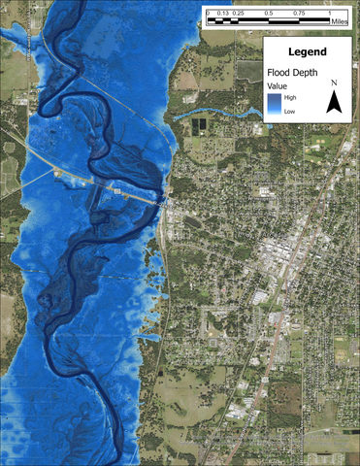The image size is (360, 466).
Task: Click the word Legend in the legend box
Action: pyautogui.click(x=307, y=51)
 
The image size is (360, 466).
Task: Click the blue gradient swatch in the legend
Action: pyautogui.click(x=276, y=104)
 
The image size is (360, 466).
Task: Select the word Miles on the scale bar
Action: pyautogui.click(x=340, y=18)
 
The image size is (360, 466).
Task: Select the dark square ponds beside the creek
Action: pyautogui.click(x=203, y=124)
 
